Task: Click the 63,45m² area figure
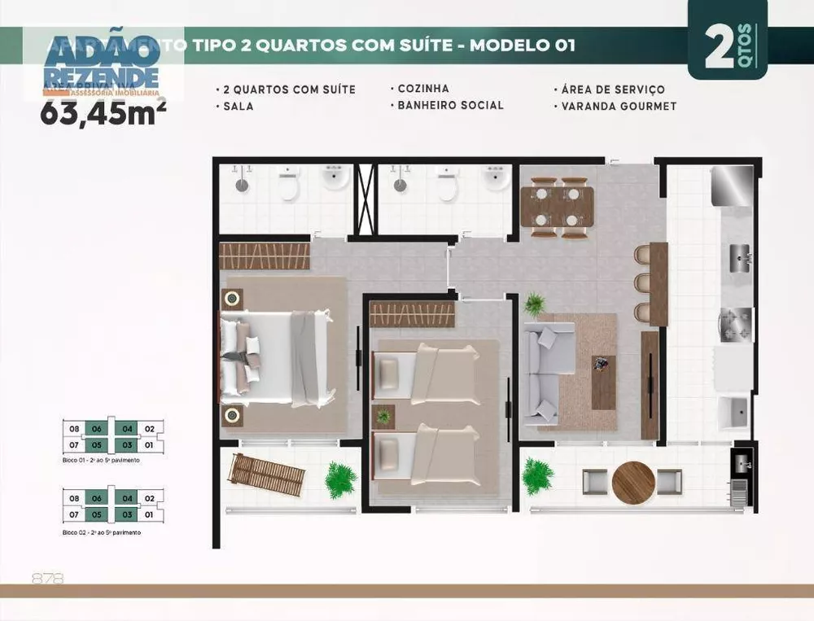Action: (x=103, y=112)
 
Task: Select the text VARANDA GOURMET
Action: (x=618, y=106)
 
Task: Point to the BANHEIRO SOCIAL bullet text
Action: (x=450, y=105)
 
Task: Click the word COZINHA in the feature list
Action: (x=422, y=89)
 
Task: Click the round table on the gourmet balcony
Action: (x=632, y=482)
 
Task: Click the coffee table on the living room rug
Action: (x=603, y=380)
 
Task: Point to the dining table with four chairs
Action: (x=558, y=207)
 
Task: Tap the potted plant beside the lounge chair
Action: (x=340, y=479)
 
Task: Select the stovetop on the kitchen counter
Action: (x=735, y=323)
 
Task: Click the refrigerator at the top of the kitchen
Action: (x=731, y=186)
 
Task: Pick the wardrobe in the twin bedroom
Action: (x=412, y=314)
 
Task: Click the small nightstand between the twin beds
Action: (x=383, y=416)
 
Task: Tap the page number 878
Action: (x=47, y=579)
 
